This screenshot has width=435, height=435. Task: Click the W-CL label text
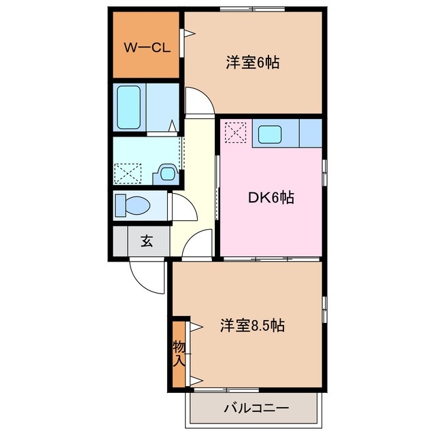click(145, 48)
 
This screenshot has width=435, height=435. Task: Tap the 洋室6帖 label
click(254, 63)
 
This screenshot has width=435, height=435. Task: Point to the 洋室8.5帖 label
click(251, 326)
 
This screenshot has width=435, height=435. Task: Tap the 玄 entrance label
click(146, 241)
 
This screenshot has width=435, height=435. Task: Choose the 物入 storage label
click(179, 353)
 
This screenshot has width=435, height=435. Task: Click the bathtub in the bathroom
click(128, 107)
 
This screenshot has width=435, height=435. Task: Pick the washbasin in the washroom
click(165, 174)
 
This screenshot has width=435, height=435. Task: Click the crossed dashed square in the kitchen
click(234, 132)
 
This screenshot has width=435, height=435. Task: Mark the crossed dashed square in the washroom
click(126, 173)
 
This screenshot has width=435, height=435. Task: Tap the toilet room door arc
click(182, 206)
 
